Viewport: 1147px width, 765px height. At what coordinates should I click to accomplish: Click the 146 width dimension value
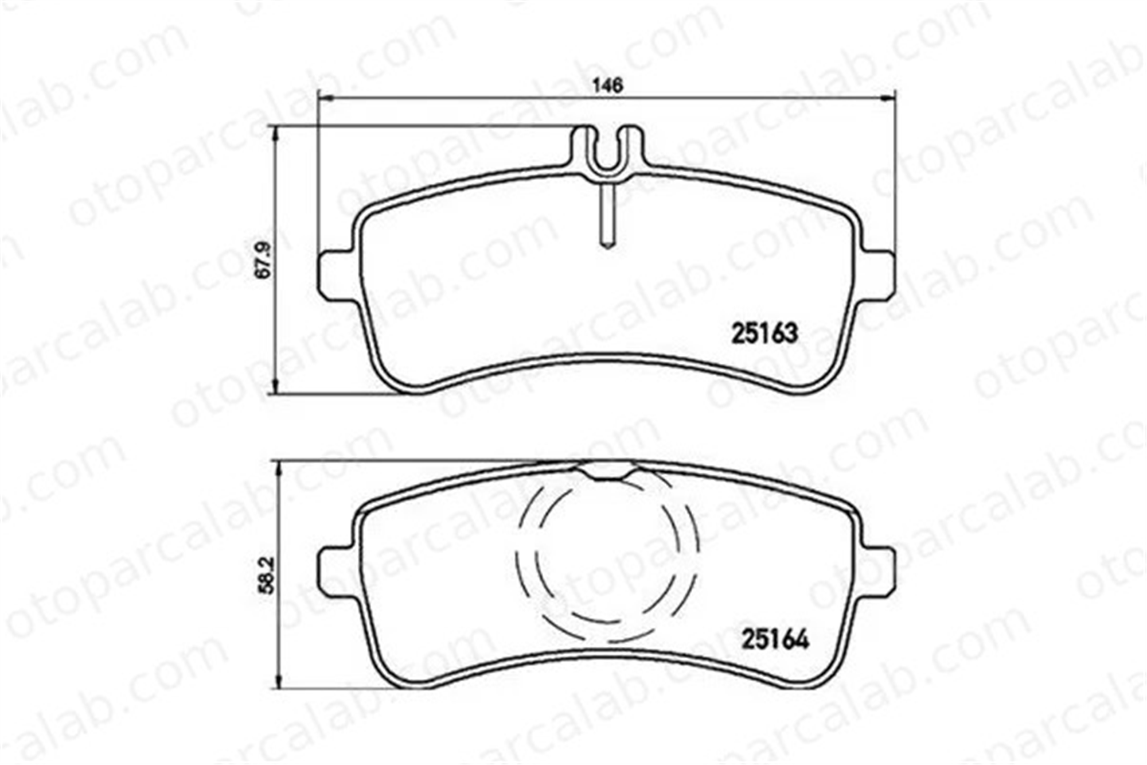pos(608,86)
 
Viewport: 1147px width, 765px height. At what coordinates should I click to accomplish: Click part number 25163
pos(764,333)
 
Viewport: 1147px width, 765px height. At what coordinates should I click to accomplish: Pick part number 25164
pos(775,639)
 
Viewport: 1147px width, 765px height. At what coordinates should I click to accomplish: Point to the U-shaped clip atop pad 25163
pos(608,150)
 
